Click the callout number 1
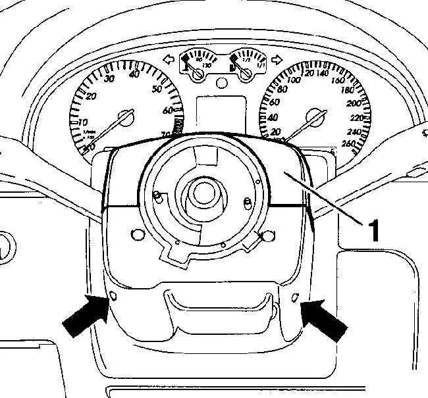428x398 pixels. click(373, 231)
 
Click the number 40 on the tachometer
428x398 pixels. click(136, 74)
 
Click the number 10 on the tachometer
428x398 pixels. click(82, 122)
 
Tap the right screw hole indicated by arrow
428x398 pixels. click(295, 298)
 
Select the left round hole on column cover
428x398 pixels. click(136, 234)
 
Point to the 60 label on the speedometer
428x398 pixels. click(273, 102)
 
